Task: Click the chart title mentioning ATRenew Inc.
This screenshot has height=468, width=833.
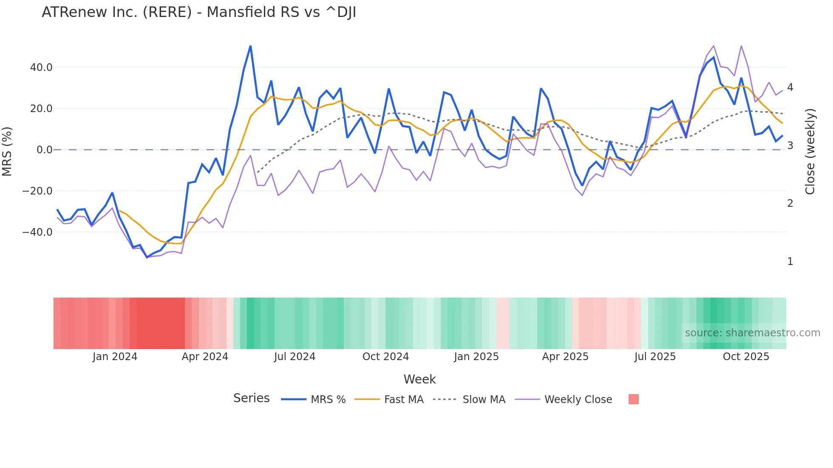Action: [198, 12]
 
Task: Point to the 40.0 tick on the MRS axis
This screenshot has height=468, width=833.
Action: [41, 68]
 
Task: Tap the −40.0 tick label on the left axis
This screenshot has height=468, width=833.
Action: [37, 232]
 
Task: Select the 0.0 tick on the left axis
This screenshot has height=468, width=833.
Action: [44, 150]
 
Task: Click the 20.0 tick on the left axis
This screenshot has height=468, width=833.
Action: [41, 109]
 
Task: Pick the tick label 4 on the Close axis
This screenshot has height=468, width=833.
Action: [790, 87]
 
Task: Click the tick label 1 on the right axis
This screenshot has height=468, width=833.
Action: [790, 262]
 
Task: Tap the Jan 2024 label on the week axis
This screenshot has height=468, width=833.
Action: [115, 357]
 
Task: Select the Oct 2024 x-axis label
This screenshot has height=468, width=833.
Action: [385, 357]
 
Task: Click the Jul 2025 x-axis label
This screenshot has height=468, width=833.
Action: [655, 357]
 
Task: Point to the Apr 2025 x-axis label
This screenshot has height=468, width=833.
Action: [565, 357]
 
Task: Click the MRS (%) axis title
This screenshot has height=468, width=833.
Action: [7, 152]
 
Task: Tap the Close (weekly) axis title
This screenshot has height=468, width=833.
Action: [810, 152]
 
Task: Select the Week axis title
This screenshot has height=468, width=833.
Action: [419, 379]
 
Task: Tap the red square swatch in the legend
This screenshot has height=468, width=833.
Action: [633, 399]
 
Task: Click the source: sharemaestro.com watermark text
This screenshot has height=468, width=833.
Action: [752, 333]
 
